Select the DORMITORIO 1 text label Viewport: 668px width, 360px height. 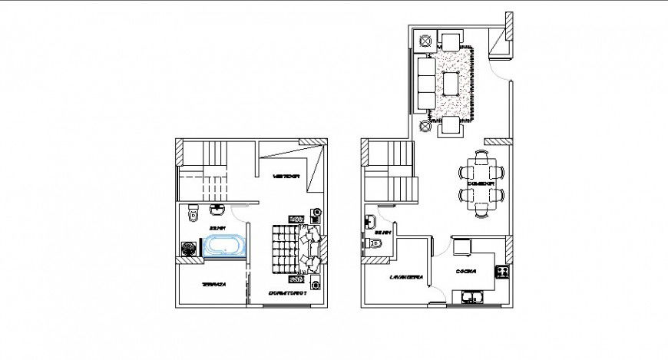pyautogui.click(x=288, y=293)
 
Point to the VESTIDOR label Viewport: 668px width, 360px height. pyautogui.click(x=285, y=177)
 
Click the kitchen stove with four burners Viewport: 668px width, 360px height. pyautogui.click(x=502, y=271)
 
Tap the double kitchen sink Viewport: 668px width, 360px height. pyautogui.click(x=470, y=296)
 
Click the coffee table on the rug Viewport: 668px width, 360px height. pyautogui.click(x=451, y=81)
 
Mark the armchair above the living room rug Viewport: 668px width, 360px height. pyautogui.click(x=451, y=41)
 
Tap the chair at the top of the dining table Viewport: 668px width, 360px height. pyautogui.click(x=481, y=157)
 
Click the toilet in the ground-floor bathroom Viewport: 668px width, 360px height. pyautogui.click(x=375, y=243)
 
